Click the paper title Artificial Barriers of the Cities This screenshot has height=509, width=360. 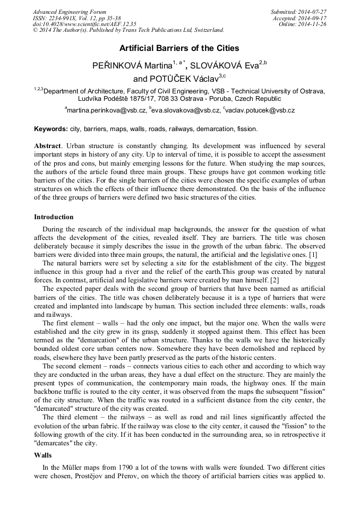click(x=179, y=48)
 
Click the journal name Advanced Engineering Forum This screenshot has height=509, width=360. click(x=70, y=12)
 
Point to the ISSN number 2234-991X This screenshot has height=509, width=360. click(x=67, y=18)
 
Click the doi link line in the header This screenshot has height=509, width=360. click(x=84, y=24)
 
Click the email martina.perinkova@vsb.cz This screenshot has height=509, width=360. click(x=106, y=110)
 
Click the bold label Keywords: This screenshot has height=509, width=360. click(x=51, y=129)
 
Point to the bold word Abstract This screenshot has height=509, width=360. click(x=48, y=145)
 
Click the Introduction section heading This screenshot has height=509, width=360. click(x=54, y=217)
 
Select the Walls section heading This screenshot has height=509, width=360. click(x=43, y=455)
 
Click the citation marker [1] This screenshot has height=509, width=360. click(x=313, y=255)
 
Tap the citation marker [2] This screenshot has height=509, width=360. click(x=274, y=280)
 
